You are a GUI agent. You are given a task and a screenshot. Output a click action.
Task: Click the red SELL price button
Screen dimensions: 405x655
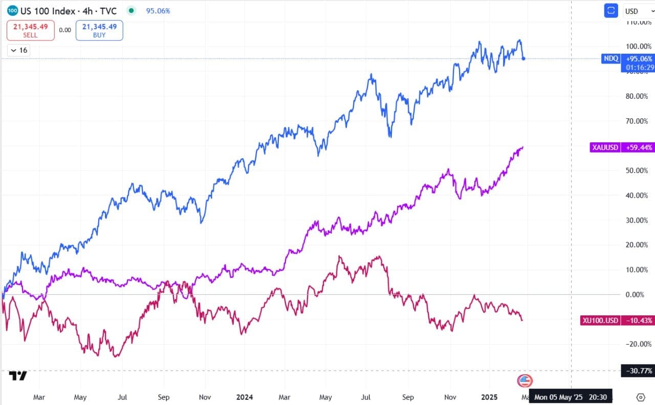click(31, 30)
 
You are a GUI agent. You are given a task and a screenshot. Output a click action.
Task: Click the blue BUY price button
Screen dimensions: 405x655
click(99, 30)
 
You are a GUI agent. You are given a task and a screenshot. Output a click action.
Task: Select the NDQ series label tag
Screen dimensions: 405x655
click(611, 58)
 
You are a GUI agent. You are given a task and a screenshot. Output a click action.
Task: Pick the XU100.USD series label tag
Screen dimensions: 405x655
click(600, 321)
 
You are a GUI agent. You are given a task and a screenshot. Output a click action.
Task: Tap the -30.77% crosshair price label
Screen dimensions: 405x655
click(637, 371)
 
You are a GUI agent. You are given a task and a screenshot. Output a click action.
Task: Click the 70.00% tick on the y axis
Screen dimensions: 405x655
click(638, 121)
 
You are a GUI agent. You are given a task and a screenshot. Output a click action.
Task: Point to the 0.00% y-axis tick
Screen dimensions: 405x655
click(638, 294)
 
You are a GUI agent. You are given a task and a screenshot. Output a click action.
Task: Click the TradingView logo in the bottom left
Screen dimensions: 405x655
click(18, 376)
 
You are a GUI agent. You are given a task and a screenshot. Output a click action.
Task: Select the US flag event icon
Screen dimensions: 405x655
click(525, 380)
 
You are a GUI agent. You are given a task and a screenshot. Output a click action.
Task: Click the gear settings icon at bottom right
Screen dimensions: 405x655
click(641, 397)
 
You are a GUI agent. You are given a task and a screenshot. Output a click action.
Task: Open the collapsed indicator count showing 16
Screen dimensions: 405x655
click(19, 50)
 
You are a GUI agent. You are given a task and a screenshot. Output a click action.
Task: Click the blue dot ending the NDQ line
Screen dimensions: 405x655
click(523, 58)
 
